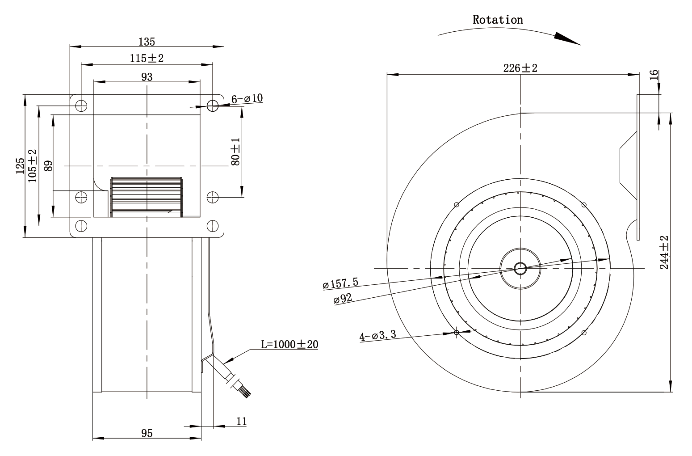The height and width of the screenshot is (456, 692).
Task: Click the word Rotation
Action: [498, 20]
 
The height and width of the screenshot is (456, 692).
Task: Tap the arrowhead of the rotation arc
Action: [567, 39]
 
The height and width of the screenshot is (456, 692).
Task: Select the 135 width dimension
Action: [147, 42]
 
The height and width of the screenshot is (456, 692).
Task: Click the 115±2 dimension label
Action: [147, 58]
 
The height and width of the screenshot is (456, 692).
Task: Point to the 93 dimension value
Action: [147, 76]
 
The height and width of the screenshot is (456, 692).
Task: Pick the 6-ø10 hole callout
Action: [247, 99]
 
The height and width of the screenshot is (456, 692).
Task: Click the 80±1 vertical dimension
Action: [235, 152]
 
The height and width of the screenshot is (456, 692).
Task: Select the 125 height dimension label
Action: [20, 166]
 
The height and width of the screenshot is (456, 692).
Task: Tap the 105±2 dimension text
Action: [32, 166]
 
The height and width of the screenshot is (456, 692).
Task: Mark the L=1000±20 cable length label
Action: [289, 344]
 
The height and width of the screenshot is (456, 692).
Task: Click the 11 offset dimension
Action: [242, 421]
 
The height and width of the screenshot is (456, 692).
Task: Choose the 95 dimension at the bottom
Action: [147, 434]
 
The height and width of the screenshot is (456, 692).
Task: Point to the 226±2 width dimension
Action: [520, 68]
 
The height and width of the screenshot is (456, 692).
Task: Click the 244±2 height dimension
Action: [664, 252]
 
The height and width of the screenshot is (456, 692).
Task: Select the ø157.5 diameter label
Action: [340, 283]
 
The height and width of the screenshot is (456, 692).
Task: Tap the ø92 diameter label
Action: [343, 299]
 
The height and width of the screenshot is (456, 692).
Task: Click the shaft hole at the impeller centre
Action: [520, 268]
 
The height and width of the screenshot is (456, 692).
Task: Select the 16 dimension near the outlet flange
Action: [654, 75]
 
